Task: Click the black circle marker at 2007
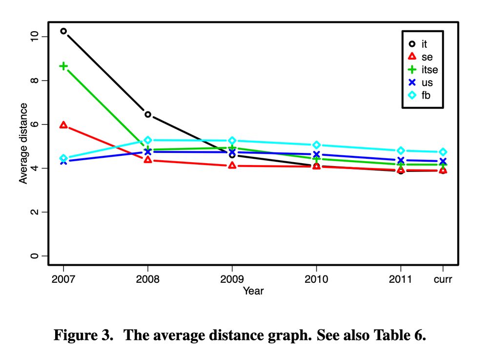pos(63,31)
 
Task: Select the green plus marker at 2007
pos(63,66)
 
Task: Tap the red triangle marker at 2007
pos(63,125)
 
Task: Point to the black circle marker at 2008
pos(148,114)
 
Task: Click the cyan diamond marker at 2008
pos(148,140)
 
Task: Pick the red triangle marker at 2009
pos(232,166)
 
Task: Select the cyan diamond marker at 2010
pos(316,145)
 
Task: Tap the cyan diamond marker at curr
pos(443,152)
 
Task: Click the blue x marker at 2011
pos(401,160)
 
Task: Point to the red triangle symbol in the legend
pos(412,57)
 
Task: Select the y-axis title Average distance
pos(23,143)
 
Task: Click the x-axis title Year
pos(253,291)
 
